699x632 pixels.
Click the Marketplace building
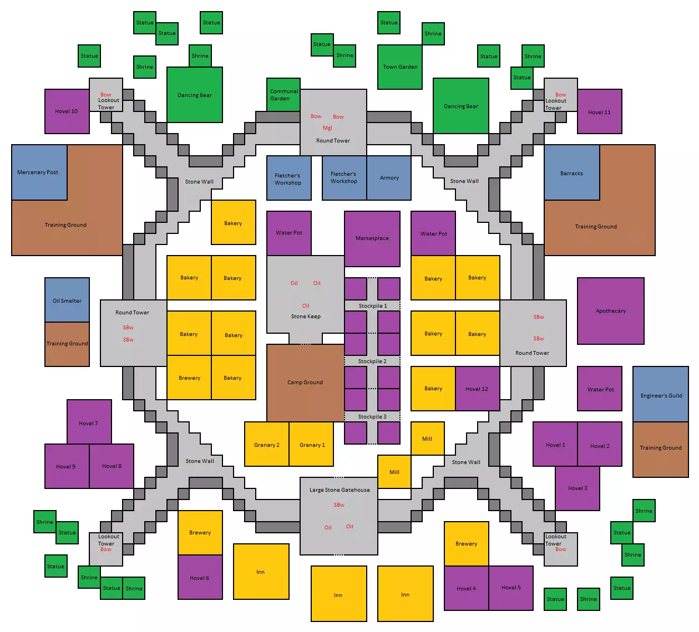372,238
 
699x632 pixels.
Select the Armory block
389,178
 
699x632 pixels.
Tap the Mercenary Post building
39,172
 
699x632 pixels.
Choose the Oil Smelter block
67,300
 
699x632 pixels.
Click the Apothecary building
610,311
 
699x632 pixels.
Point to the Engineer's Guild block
661,394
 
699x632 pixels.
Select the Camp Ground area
305,383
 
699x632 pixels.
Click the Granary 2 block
267,444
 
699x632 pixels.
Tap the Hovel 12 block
478,389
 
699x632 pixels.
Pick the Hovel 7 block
89,422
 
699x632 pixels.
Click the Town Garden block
400,67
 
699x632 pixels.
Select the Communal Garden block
283,95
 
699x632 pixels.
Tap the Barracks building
572,173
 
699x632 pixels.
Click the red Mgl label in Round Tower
327,128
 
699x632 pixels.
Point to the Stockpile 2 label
372,361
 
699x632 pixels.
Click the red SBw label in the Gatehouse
339,504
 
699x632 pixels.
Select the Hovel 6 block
200,577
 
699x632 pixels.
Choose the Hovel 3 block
578,488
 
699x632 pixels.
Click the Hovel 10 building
67,111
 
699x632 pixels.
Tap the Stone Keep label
306,316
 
